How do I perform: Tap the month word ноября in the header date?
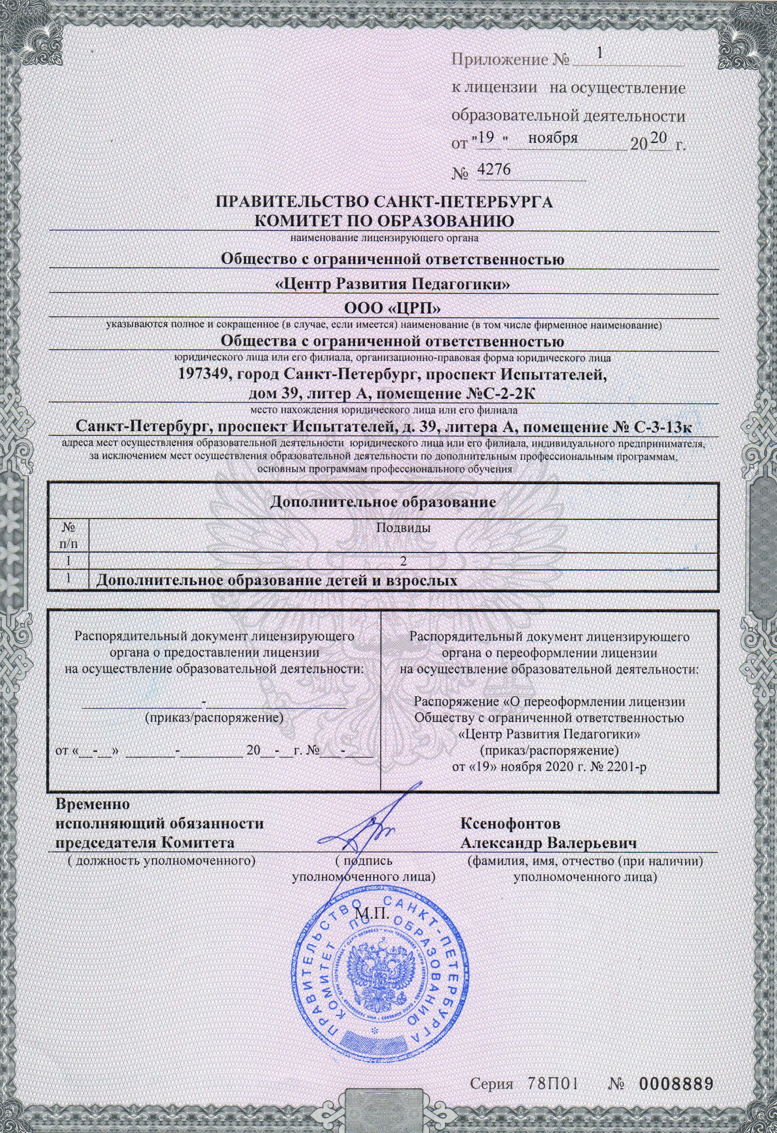coord(553,138)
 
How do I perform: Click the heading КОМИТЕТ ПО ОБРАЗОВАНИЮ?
coord(385,220)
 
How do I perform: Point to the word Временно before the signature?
coord(93,804)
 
